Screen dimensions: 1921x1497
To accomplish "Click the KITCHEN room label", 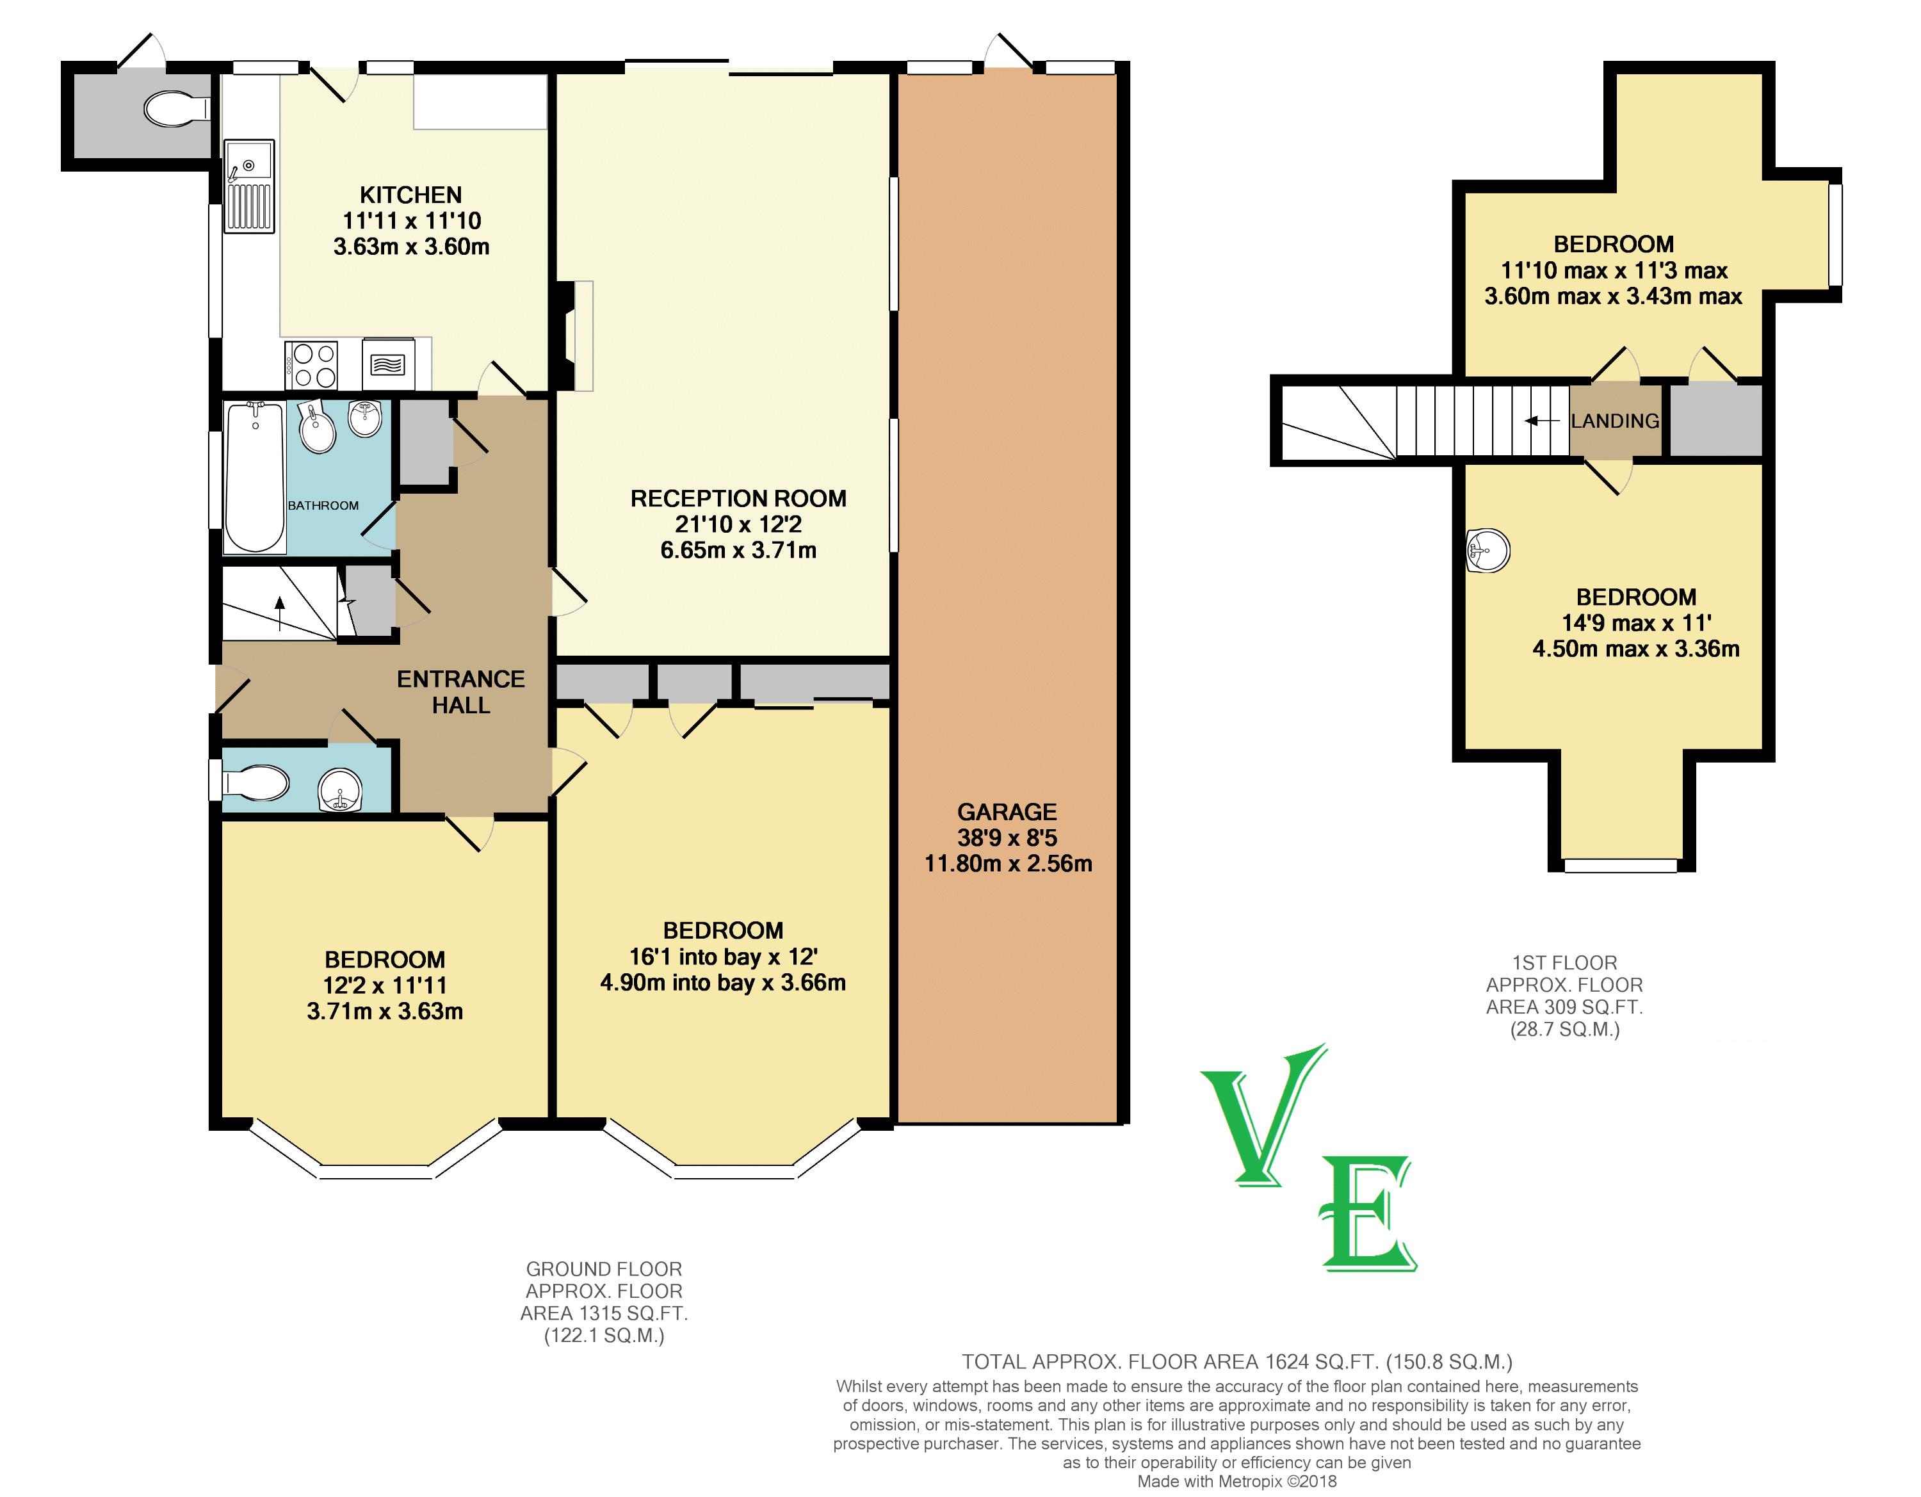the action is [410, 195].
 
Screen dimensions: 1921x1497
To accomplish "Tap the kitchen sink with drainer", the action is [250, 186].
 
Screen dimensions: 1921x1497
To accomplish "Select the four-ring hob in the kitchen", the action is [312, 364].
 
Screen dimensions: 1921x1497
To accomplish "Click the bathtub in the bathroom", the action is [254, 477].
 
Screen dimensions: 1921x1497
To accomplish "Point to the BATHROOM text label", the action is [323, 506].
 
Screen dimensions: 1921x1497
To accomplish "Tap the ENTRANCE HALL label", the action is [461, 692].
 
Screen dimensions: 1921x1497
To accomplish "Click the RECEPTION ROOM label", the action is [739, 499].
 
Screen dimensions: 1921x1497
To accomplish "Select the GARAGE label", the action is [1007, 812].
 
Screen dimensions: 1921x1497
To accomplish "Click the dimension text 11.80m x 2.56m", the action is [1008, 864].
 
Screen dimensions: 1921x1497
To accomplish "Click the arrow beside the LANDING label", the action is [1542, 421].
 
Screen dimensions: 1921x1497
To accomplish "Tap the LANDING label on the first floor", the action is [1615, 421].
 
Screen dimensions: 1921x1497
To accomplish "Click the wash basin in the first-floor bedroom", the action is [1488, 551].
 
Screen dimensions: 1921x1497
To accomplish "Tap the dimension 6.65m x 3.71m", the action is [739, 551].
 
